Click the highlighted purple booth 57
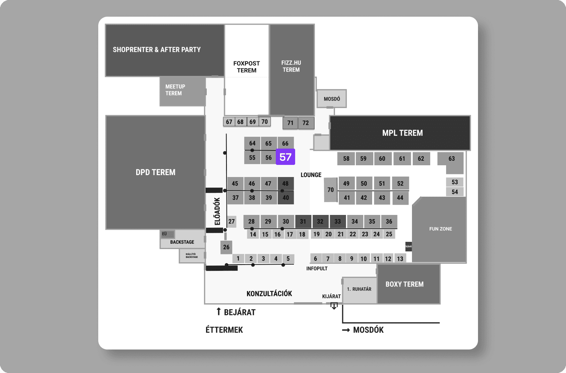(285, 157)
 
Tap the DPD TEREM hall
(156, 172)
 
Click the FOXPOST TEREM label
(247, 67)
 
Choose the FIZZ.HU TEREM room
(291, 66)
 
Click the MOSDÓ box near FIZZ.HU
(332, 99)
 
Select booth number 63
(451, 159)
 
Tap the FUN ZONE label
(440, 229)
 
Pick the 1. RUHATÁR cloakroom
(359, 290)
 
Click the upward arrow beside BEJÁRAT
(219, 312)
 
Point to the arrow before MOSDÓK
(346, 330)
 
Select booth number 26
(226, 247)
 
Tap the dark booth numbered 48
(285, 183)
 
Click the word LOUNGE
(311, 175)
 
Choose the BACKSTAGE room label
(182, 242)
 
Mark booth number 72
(306, 123)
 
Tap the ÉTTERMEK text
(224, 330)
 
